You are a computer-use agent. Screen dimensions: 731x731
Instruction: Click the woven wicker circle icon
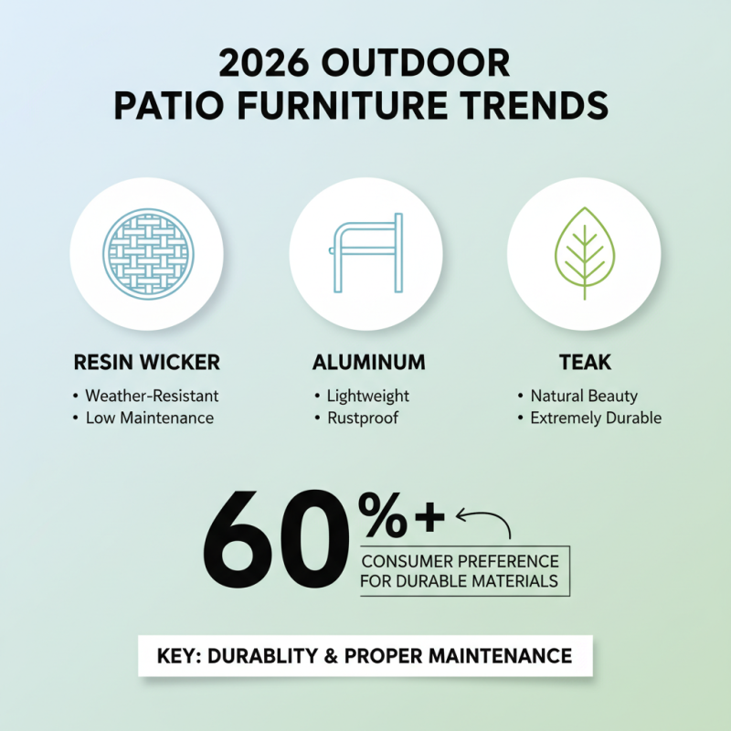point(147,249)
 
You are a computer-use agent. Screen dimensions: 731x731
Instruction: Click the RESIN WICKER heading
point(146,363)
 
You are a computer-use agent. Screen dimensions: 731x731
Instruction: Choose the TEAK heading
point(584,363)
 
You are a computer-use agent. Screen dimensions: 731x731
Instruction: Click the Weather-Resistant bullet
point(151,397)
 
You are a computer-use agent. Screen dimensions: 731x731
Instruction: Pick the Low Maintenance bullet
point(149,418)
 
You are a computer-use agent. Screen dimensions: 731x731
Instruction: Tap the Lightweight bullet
point(367,397)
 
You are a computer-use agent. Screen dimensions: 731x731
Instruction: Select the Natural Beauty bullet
point(583,397)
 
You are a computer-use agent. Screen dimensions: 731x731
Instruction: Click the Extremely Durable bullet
point(595,418)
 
